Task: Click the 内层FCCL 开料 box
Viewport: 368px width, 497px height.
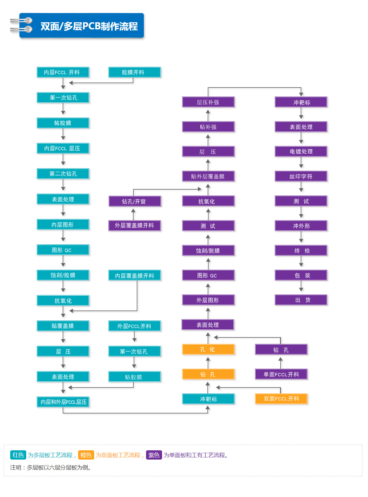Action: click(63, 72)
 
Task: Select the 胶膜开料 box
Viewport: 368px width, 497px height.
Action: click(134, 72)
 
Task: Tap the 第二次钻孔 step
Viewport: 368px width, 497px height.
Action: click(63, 174)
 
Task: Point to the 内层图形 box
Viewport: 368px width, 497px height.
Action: click(63, 224)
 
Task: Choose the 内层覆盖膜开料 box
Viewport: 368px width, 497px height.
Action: click(134, 275)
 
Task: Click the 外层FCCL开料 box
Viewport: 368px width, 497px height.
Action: click(134, 326)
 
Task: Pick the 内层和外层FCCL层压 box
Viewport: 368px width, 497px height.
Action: click(63, 402)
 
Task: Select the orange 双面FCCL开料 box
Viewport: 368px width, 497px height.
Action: click(281, 399)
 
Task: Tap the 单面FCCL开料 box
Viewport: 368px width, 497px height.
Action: click(281, 374)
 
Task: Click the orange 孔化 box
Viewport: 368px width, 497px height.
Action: click(208, 349)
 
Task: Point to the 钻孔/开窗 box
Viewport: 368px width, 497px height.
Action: click(135, 201)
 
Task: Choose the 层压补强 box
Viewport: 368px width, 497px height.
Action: click(208, 102)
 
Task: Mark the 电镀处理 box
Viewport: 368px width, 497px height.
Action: click(301, 152)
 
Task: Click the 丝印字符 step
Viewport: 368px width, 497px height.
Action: click(301, 176)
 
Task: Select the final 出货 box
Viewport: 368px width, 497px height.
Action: click(301, 300)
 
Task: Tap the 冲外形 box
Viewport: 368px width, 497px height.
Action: click(301, 226)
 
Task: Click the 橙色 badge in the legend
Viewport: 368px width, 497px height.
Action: click(86, 455)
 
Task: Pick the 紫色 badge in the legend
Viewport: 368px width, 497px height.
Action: click(154, 455)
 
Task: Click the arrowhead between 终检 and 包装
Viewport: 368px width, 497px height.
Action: click(301, 265)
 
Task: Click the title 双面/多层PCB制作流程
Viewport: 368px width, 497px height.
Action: click(89, 26)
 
